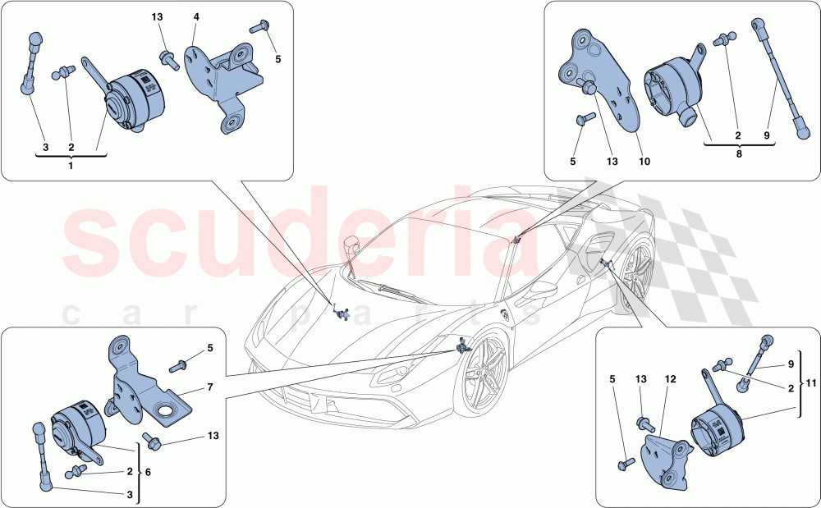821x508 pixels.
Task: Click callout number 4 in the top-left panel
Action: tap(195, 16)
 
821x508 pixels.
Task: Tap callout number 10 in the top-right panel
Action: tap(644, 162)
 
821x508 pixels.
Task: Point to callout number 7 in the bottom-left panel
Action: tap(209, 386)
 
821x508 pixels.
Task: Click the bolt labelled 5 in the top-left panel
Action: tap(259, 27)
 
